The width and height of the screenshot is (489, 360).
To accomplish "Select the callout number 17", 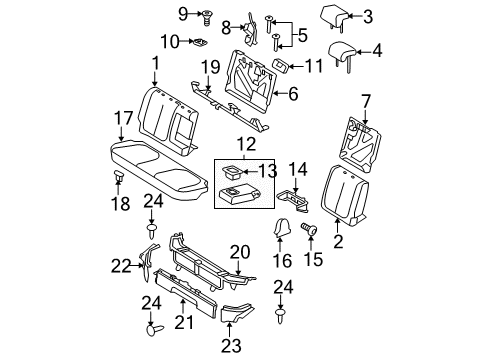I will [x=121, y=117].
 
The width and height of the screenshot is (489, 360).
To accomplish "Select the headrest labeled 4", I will [x=343, y=53].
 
